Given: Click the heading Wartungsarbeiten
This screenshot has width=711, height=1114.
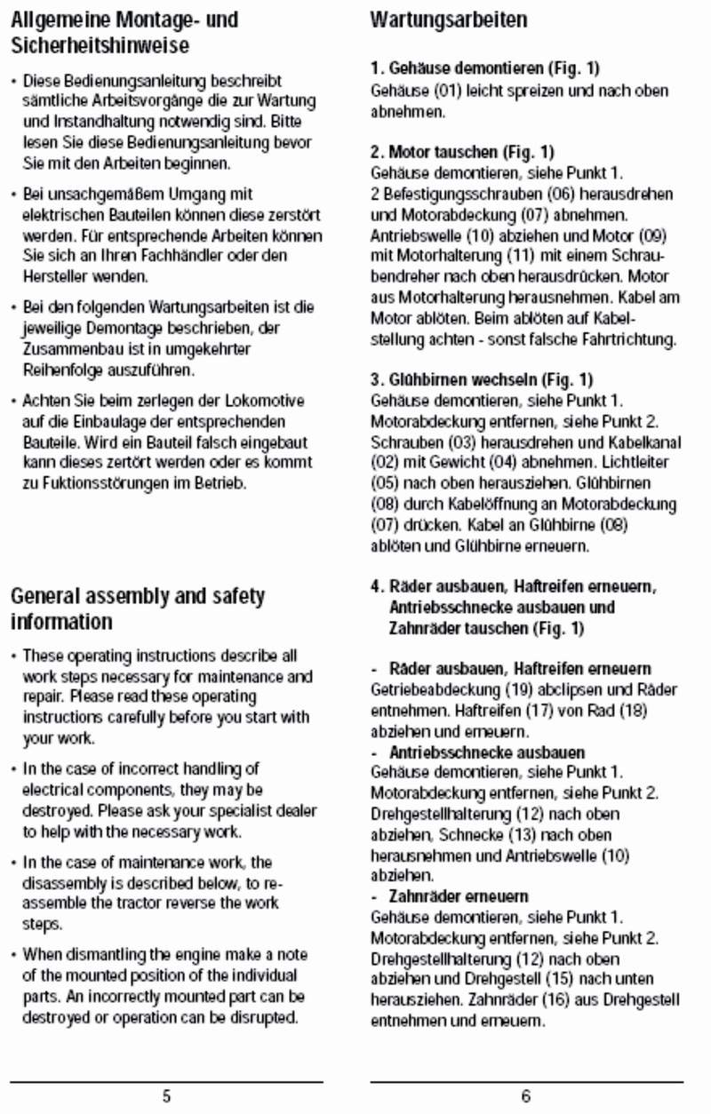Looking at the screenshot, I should (x=448, y=20).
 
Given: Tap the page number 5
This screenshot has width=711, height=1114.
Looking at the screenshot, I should (x=166, y=1096).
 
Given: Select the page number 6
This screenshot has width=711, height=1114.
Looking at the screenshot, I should (x=526, y=1096).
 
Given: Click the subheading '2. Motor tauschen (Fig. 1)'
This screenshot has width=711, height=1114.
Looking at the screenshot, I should (x=462, y=152).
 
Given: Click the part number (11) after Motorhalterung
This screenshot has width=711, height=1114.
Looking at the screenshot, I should (x=490, y=256).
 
